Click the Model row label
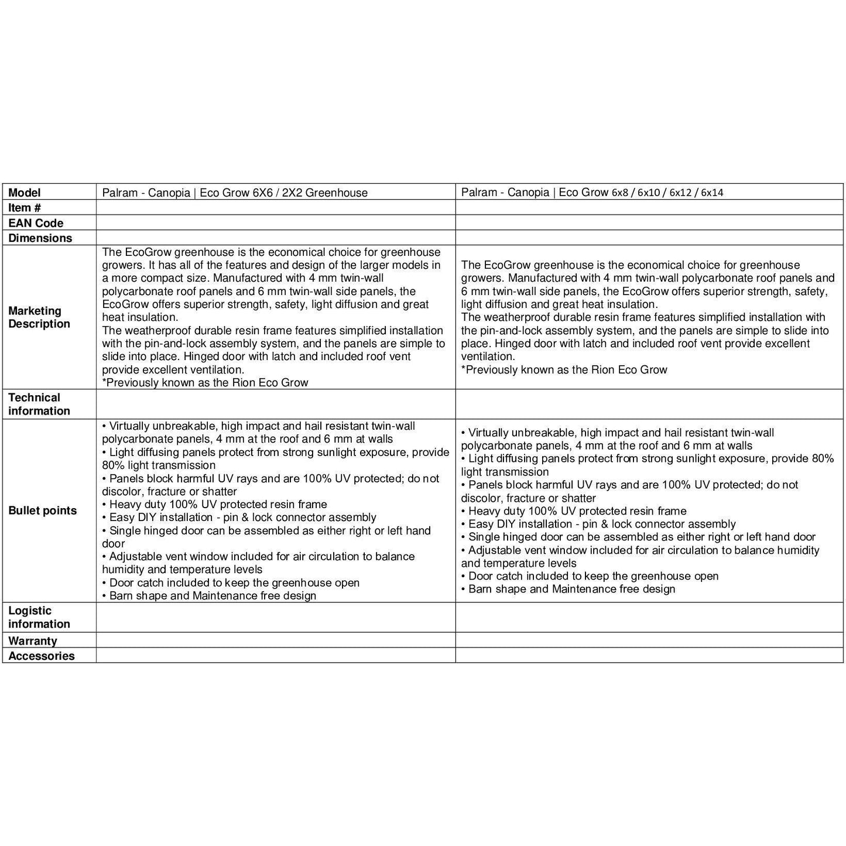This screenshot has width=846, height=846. (25, 193)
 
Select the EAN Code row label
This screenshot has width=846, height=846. (36, 223)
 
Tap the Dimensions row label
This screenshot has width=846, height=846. (40, 238)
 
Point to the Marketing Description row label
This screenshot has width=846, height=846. (39, 317)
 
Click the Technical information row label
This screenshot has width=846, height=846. (39, 404)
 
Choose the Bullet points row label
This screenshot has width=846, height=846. (42, 511)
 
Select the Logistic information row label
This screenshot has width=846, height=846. (39, 617)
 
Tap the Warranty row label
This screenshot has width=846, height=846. (33, 641)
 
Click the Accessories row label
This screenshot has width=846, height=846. (41, 656)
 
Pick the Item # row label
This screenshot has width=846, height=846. (25, 208)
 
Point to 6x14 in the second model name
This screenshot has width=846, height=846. (712, 193)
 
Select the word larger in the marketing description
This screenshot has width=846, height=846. (375, 265)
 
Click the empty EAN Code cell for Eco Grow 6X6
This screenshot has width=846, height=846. (275, 223)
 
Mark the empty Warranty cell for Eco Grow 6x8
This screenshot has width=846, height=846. (649, 641)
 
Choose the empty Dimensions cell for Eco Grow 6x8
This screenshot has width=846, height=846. (649, 238)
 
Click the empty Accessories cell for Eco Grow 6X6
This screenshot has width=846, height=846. (275, 656)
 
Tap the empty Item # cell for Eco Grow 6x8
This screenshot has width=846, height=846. (649, 207)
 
